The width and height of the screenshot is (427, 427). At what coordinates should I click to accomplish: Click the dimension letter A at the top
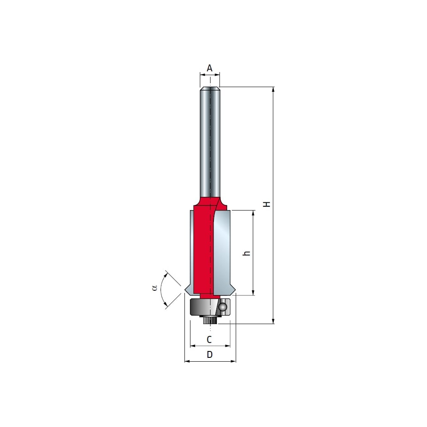tap(209, 68)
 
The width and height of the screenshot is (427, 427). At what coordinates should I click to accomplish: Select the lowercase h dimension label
tap(246, 253)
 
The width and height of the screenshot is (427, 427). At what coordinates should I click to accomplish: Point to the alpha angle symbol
tap(155, 287)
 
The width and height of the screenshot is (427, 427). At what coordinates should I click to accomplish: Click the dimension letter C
tap(209, 339)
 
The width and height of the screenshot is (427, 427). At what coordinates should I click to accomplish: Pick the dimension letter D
tap(209, 354)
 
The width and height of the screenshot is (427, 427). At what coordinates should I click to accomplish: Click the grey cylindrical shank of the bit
tap(210, 142)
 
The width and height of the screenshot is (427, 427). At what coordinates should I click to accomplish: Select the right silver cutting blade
tap(222, 252)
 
